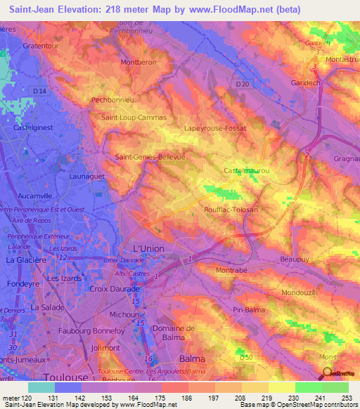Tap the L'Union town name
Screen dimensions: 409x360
click(150, 249)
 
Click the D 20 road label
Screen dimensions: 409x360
click(243, 84)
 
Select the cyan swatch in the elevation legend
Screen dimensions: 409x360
click(41, 387)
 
